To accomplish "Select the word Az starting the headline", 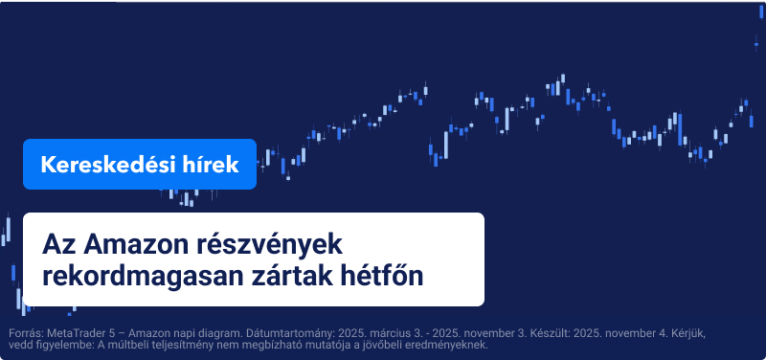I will [57, 243].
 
